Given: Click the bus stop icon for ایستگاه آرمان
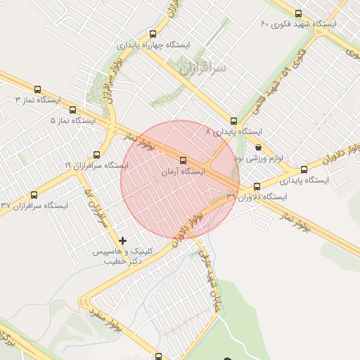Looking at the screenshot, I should click(184, 160).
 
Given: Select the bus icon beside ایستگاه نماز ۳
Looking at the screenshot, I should click(37, 90).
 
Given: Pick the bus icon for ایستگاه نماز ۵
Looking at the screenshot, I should click(73, 110).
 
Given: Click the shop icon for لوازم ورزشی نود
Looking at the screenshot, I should click(259, 148).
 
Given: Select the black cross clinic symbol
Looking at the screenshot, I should click(123, 240).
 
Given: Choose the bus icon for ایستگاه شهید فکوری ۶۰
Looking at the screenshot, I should click(299, 13).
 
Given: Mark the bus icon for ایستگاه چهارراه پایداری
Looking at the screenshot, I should click(153, 34).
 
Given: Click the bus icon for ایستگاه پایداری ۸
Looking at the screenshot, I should click(233, 121).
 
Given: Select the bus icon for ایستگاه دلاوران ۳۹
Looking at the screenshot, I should click(257, 187).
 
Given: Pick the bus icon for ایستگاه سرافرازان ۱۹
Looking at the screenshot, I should click(96, 155).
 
